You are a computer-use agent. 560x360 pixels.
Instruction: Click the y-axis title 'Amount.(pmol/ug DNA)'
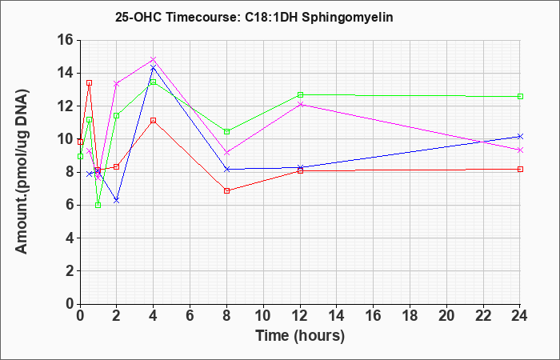(x=22, y=171)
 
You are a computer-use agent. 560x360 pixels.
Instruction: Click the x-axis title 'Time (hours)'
(x=300, y=336)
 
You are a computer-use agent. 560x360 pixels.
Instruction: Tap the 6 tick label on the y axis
(x=70, y=205)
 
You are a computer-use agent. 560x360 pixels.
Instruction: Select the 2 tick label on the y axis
(x=70, y=270)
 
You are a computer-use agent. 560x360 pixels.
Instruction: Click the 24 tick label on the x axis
(x=520, y=316)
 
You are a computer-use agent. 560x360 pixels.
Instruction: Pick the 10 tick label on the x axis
(x=263, y=316)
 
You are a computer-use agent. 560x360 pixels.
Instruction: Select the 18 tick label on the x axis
(x=410, y=316)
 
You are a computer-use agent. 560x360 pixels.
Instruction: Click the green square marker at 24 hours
(x=520, y=97)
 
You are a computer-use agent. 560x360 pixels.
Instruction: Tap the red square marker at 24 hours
(x=520, y=170)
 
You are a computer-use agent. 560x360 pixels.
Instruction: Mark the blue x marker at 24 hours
(x=520, y=137)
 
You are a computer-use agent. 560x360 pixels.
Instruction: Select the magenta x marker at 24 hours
(x=520, y=150)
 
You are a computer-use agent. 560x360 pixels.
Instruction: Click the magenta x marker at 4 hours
(x=154, y=59)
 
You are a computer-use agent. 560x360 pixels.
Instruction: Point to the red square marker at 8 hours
(x=226, y=190)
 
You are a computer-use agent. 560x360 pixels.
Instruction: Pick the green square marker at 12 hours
(x=300, y=95)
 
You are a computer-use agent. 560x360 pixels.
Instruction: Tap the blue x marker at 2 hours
(x=117, y=201)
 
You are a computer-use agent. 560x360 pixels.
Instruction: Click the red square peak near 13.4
(x=90, y=83)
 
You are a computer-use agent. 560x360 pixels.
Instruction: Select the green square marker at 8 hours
(x=226, y=132)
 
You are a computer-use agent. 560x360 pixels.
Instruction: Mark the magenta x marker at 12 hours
(x=300, y=104)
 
